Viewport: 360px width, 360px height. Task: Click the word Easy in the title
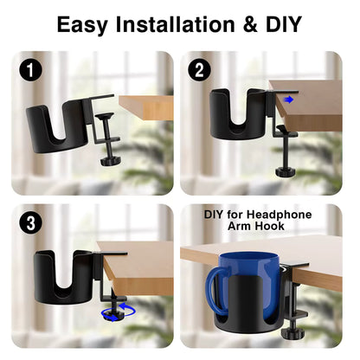click(82, 25)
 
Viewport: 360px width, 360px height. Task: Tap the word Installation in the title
click(175, 24)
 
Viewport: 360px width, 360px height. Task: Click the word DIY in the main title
click(284, 24)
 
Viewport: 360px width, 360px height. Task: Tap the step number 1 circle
click(30, 70)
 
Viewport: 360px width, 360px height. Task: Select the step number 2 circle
click(199, 70)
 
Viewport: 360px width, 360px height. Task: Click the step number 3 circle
click(30, 223)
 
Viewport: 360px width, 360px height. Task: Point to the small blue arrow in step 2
click(288, 100)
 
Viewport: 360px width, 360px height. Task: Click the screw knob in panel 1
click(111, 161)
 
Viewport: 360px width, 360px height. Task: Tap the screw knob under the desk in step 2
click(286, 172)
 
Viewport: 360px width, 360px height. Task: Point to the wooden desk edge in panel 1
click(146, 107)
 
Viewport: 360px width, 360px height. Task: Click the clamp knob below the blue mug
click(293, 335)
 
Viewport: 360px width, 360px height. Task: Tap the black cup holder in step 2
click(238, 114)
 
